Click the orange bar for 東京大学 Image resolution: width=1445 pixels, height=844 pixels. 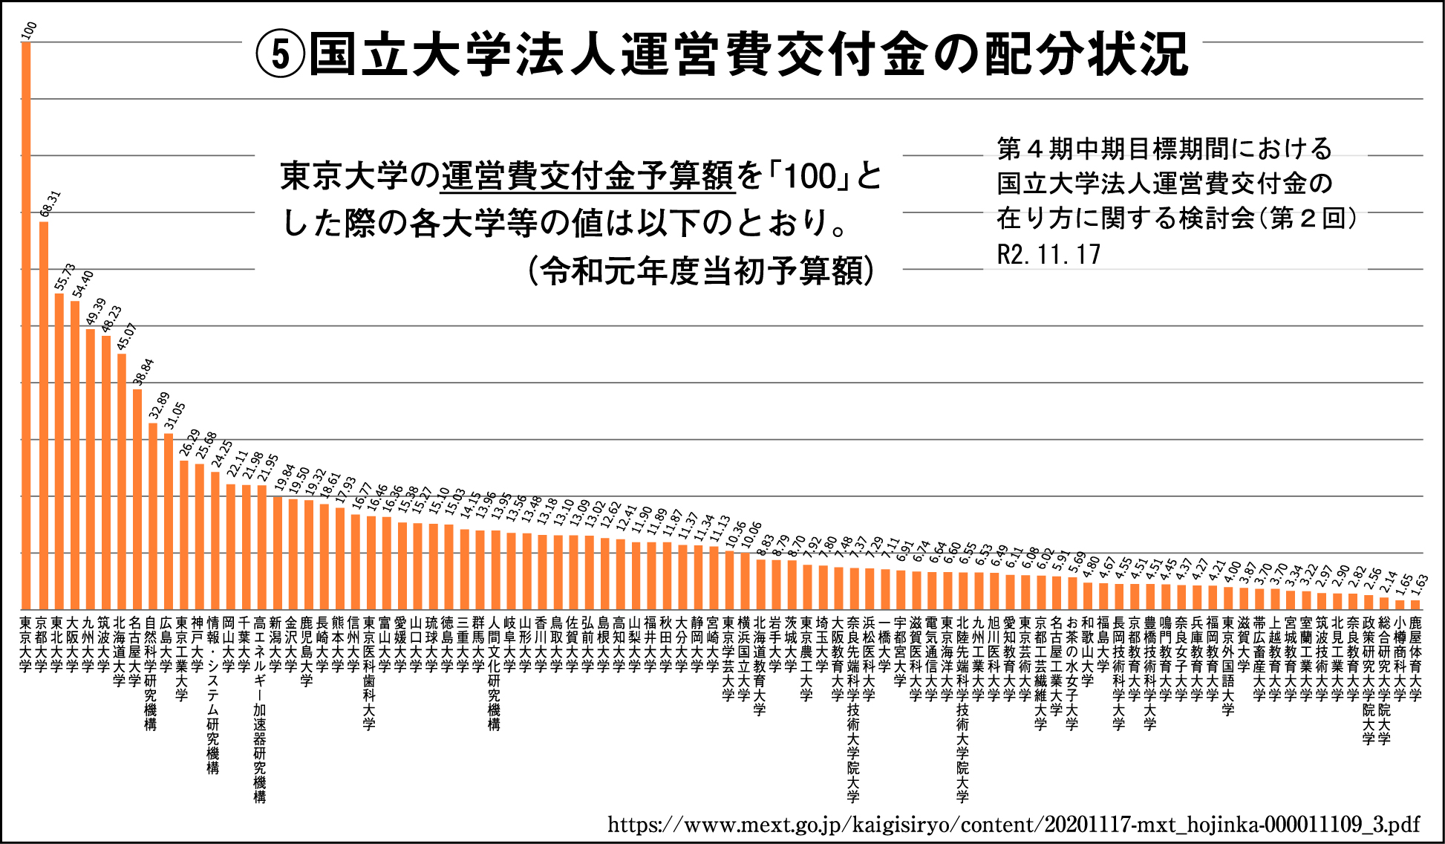pos(26,327)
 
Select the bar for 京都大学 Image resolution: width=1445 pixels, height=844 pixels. pos(44,416)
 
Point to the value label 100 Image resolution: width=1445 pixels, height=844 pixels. pos(30,30)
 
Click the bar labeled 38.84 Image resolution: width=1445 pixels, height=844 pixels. pos(137,498)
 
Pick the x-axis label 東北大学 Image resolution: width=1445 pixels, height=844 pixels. pos(57,643)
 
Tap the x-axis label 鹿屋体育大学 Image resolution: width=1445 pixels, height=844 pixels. pos(1415,658)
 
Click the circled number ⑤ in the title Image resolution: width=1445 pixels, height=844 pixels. pos(280,54)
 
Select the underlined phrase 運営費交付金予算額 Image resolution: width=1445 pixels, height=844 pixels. pos(587,177)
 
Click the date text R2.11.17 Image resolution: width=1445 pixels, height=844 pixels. pos(1048,255)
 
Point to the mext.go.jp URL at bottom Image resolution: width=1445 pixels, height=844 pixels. pos(1013,824)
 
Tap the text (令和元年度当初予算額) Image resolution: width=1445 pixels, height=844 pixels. pos(701,271)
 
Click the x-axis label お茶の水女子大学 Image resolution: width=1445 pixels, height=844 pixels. pos(1071,672)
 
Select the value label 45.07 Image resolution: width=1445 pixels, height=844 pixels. pos(127,337)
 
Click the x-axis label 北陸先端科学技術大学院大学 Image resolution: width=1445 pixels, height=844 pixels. pos(962,709)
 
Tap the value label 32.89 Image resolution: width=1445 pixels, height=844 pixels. pos(159,406)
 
